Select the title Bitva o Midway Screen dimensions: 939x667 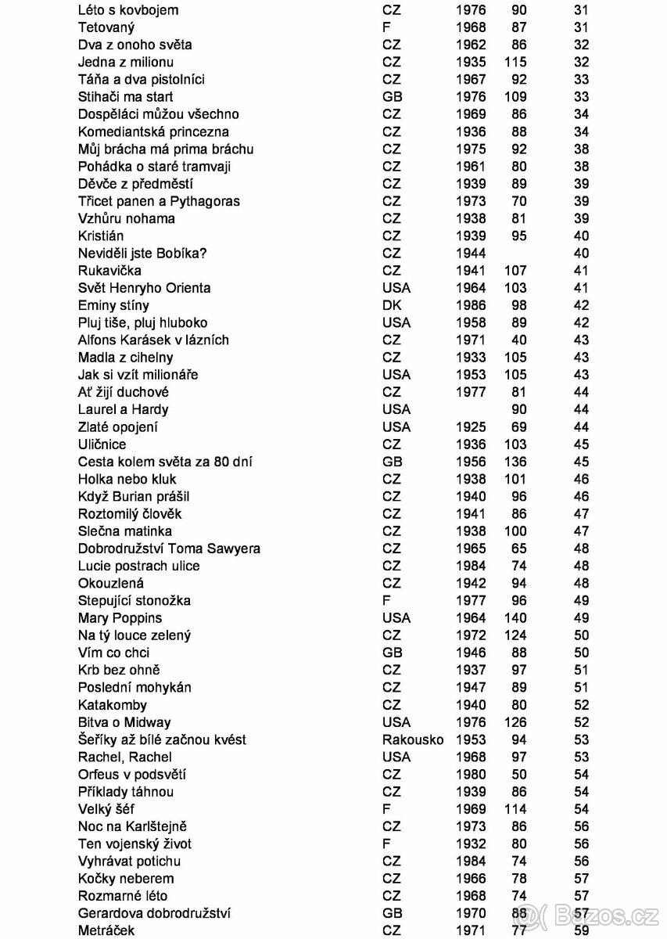point(124,722)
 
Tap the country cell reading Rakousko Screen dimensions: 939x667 point(412,739)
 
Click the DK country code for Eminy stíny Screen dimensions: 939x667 point(392,305)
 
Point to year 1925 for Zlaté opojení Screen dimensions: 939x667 point(471,427)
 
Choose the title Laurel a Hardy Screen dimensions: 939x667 point(123,409)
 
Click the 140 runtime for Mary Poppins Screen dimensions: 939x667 point(515,618)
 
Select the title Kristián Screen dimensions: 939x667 point(101,236)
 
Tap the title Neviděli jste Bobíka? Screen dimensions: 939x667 point(142,254)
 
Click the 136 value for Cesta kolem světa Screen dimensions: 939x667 point(515,462)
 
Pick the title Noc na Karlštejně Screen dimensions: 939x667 point(132,826)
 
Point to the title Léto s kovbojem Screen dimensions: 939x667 point(128,10)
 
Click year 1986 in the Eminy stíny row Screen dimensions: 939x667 point(471,305)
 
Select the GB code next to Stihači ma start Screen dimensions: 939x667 point(393,97)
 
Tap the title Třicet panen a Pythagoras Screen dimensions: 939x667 point(159,201)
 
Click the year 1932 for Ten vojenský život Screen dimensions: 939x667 point(471,844)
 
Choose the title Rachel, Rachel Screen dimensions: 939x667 point(124,757)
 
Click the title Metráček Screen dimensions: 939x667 point(106,930)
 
